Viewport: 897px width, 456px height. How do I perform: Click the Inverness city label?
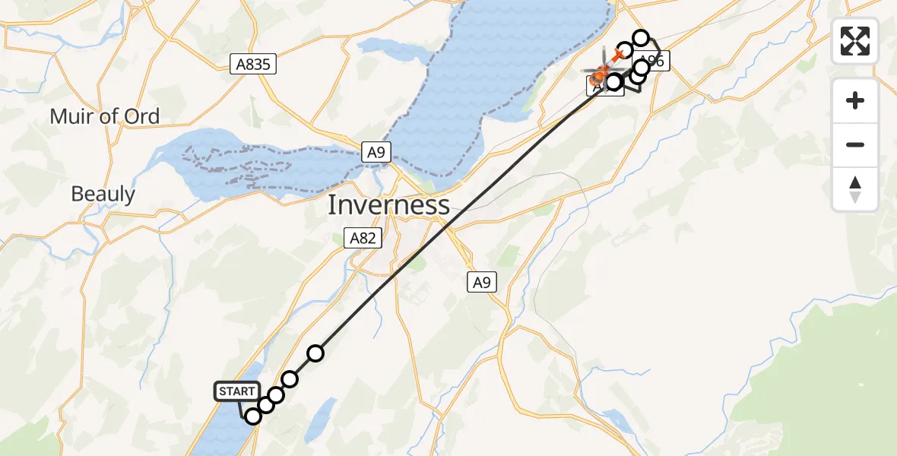pyautogui.click(x=388, y=205)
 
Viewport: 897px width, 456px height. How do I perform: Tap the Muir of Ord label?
pyautogui.click(x=105, y=116)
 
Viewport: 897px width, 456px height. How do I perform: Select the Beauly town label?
pyautogui.click(x=103, y=194)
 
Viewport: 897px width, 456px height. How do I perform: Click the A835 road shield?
pyautogui.click(x=253, y=65)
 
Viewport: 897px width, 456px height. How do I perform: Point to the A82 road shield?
pyautogui.click(x=362, y=239)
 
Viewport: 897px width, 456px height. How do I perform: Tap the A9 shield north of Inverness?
pyautogui.click(x=375, y=153)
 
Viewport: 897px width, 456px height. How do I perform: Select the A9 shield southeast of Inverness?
pyautogui.click(x=480, y=283)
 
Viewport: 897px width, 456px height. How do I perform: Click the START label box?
pyautogui.click(x=237, y=391)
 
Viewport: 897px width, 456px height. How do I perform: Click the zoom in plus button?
pyautogui.click(x=855, y=100)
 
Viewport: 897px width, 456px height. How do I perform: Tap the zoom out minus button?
pyautogui.click(x=855, y=144)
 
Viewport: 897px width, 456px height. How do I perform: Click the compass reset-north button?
pyautogui.click(x=855, y=189)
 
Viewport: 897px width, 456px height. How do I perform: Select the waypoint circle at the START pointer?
pyautogui.click(x=253, y=416)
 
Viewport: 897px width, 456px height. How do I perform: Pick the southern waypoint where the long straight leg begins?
pyautogui.click(x=315, y=353)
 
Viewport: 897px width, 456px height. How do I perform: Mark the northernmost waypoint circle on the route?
pyautogui.click(x=642, y=38)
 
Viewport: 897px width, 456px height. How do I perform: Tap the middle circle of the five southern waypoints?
pyautogui.click(x=276, y=395)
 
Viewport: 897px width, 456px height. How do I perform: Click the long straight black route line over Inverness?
pyautogui.click(x=456, y=220)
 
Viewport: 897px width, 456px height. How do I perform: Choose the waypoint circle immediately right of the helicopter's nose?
pyautogui.click(x=614, y=81)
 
